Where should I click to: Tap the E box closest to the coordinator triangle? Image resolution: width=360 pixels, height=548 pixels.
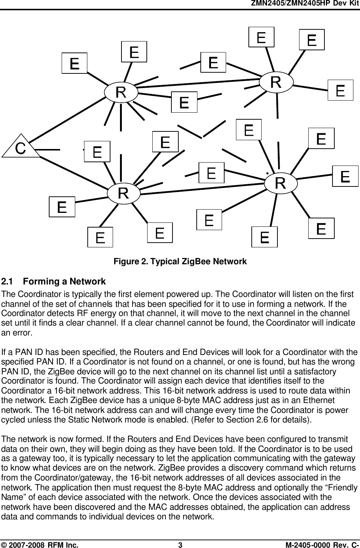(x=97, y=151)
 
